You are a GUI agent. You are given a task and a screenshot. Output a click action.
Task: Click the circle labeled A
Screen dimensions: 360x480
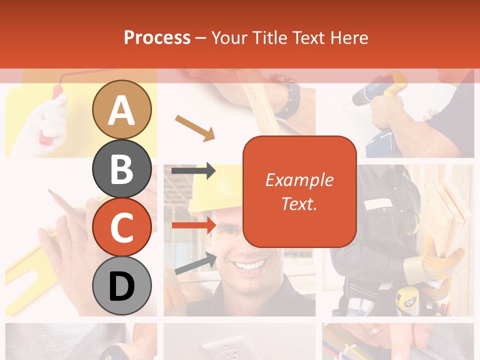[121, 110]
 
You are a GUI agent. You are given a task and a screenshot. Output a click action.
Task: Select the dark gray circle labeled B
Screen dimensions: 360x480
[121, 168]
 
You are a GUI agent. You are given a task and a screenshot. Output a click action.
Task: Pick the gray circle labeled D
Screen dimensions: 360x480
[121, 285]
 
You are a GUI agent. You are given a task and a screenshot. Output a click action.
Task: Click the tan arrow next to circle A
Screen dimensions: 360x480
[195, 127]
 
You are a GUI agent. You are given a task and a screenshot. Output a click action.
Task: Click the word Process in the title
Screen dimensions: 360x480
[157, 37]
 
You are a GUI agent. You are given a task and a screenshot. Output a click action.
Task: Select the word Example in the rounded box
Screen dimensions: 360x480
[299, 180]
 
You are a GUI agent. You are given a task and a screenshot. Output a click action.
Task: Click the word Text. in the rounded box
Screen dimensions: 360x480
[299, 203]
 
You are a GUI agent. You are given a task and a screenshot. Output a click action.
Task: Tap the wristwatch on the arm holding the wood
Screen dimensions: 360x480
[288, 97]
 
